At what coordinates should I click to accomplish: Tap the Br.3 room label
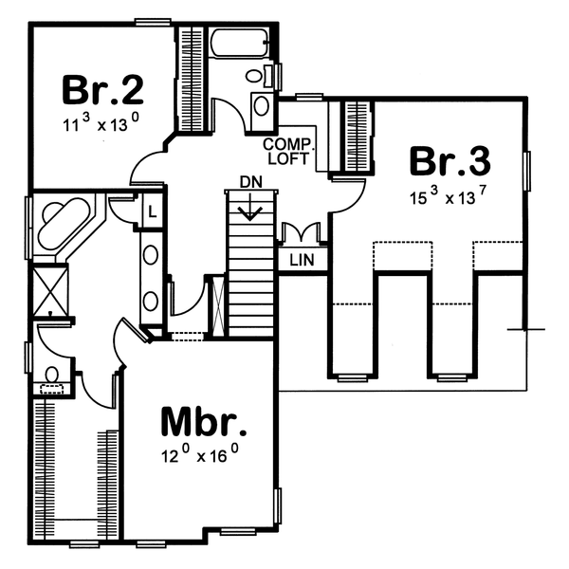pos(450,159)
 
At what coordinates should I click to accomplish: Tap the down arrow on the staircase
pos(248,209)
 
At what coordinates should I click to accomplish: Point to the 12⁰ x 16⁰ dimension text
pos(198,455)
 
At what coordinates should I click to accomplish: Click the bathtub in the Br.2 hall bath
pos(242,44)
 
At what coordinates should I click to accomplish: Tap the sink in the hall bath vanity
pos(262,105)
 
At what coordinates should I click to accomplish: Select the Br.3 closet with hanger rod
pos(355,134)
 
